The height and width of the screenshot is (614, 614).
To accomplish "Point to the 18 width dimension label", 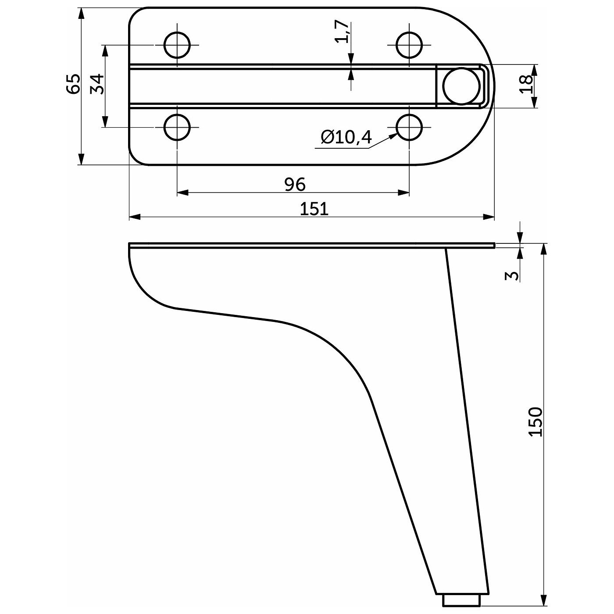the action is (x=526, y=84).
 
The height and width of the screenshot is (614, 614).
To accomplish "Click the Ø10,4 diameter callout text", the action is (x=346, y=137).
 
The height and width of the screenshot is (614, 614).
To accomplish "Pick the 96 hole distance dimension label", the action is (x=295, y=184).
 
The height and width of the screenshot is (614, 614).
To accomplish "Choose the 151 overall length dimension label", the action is (x=314, y=209).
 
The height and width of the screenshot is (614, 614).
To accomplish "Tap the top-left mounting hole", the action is (x=177, y=45).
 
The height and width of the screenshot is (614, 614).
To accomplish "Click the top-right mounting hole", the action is (x=410, y=45).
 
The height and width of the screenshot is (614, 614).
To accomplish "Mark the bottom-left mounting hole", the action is (x=177, y=127).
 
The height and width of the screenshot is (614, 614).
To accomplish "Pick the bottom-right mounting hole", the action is (x=410, y=127).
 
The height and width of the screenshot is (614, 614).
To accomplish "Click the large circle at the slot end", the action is (x=461, y=86).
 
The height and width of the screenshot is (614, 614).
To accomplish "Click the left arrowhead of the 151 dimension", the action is (x=135, y=217).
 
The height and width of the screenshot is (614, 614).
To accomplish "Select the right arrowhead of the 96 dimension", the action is (x=403, y=193).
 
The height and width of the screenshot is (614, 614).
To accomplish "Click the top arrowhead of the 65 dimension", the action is (x=82, y=14).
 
